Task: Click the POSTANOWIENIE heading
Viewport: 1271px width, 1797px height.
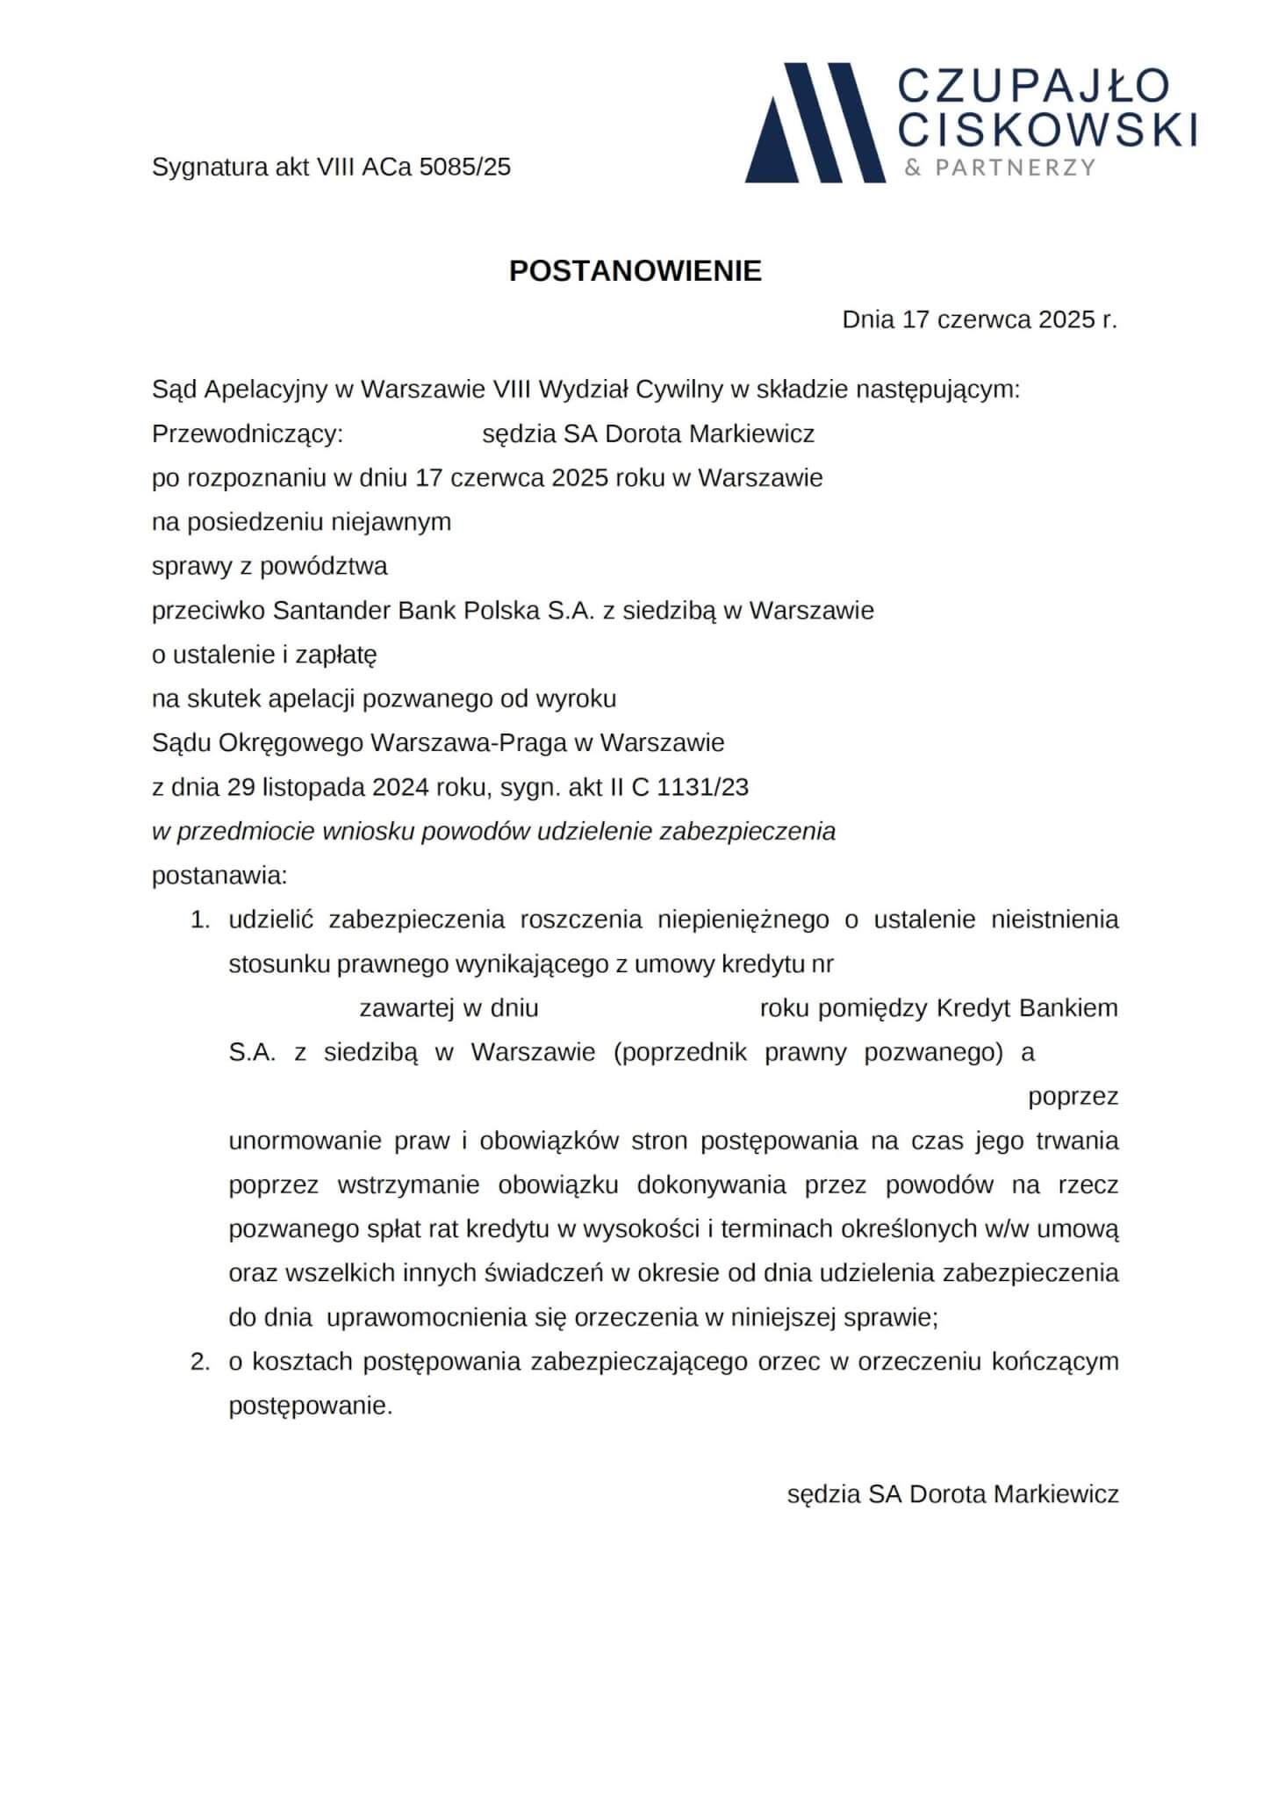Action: tap(635, 272)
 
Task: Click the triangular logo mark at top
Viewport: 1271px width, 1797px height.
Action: tap(815, 123)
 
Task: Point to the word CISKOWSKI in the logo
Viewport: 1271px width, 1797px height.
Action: tap(1049, 130)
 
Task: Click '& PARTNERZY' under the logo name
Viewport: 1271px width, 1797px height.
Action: tap(1000, 168)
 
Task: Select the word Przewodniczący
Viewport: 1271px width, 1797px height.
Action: tap(247, 434)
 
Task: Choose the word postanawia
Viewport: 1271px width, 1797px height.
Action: tap(219, 876)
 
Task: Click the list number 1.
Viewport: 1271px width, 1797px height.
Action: tap(201, 920)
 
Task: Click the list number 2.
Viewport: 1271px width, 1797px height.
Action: tap(201, 1362)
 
